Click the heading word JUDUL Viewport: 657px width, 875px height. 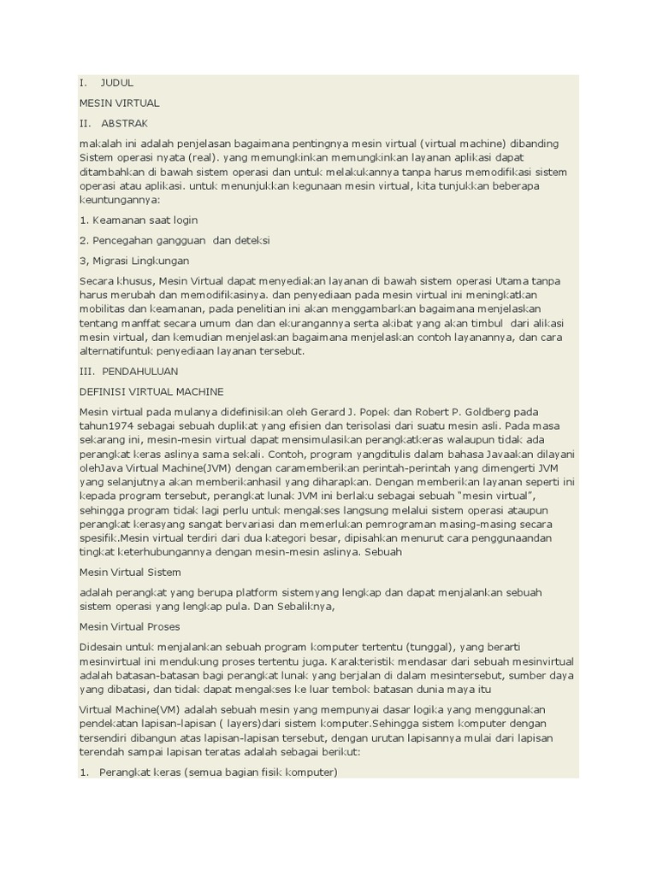pos(117,83)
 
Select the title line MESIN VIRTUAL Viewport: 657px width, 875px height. pos(119,103)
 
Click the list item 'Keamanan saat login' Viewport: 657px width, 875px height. pos(139,220)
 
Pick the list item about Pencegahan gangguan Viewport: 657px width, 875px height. pos(174,240)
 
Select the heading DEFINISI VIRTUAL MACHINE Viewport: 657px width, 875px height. pos(151,391)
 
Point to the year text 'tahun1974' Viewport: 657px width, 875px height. pos(105,425)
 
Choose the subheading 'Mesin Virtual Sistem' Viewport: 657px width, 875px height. pos(130,572)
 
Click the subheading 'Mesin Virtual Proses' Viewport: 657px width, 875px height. pos(129,626)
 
